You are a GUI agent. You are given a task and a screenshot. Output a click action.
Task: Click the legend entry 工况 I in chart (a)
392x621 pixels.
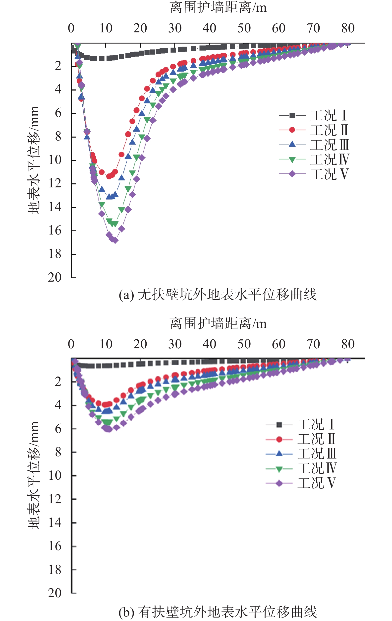[x=328, y=115]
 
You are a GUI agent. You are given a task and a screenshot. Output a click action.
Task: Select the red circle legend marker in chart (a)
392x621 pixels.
[x=292, y=130]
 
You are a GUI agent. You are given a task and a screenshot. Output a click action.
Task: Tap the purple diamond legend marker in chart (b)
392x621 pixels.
[x=279, y=483]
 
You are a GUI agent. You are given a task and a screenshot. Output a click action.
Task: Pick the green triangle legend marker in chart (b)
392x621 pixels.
[x=279, y=469]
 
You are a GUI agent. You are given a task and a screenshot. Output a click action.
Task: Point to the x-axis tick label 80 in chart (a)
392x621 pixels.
[x=348, y=28]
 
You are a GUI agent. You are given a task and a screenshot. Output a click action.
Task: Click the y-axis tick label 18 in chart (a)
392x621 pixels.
[x=55, y=254]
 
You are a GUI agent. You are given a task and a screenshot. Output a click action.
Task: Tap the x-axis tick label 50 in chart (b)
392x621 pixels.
[x=244, y=344]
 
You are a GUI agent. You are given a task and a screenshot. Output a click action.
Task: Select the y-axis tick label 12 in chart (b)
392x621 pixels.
[x=55, y=499]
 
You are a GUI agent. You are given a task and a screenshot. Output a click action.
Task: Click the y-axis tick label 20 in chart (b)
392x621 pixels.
[x=55, y=593]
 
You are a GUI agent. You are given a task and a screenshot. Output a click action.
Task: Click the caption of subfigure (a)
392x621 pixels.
[x=218, y=295]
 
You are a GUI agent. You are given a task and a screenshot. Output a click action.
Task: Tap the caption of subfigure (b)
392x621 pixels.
[x=218, y=612]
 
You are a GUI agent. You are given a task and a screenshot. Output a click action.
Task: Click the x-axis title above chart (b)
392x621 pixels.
[x=218, y=324]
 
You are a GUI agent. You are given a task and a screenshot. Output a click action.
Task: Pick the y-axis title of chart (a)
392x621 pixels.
[x=34, y=160]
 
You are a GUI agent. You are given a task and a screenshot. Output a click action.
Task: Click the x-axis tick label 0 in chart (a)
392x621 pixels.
[x=71, y=28]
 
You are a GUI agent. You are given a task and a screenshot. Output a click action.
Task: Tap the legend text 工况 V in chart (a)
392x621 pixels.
[x=330, y=174]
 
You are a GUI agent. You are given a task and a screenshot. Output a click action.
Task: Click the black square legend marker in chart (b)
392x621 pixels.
[x=279, y=425]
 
